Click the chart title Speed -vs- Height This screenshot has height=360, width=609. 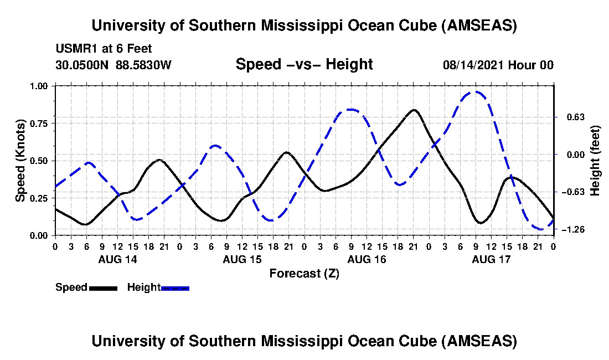(x=304, y=64)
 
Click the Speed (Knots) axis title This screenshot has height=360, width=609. (x=20, y=161)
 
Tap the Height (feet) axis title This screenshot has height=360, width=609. (x=596, y=161)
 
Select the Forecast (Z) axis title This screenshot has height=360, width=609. (x=304, y=273)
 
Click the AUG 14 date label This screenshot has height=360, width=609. (x=117, y=259)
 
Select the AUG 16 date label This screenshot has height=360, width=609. (x=367, y=259)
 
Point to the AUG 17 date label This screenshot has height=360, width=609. (x=491, y=259)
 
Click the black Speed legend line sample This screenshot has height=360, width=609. (x=103, y=288)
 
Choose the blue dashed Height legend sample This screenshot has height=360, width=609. (x=175, y=288)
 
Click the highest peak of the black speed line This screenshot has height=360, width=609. (x=413, y=110)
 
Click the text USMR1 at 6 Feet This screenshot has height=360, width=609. (x=104, y=49)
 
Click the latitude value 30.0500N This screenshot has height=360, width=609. (x=82, y=65)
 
